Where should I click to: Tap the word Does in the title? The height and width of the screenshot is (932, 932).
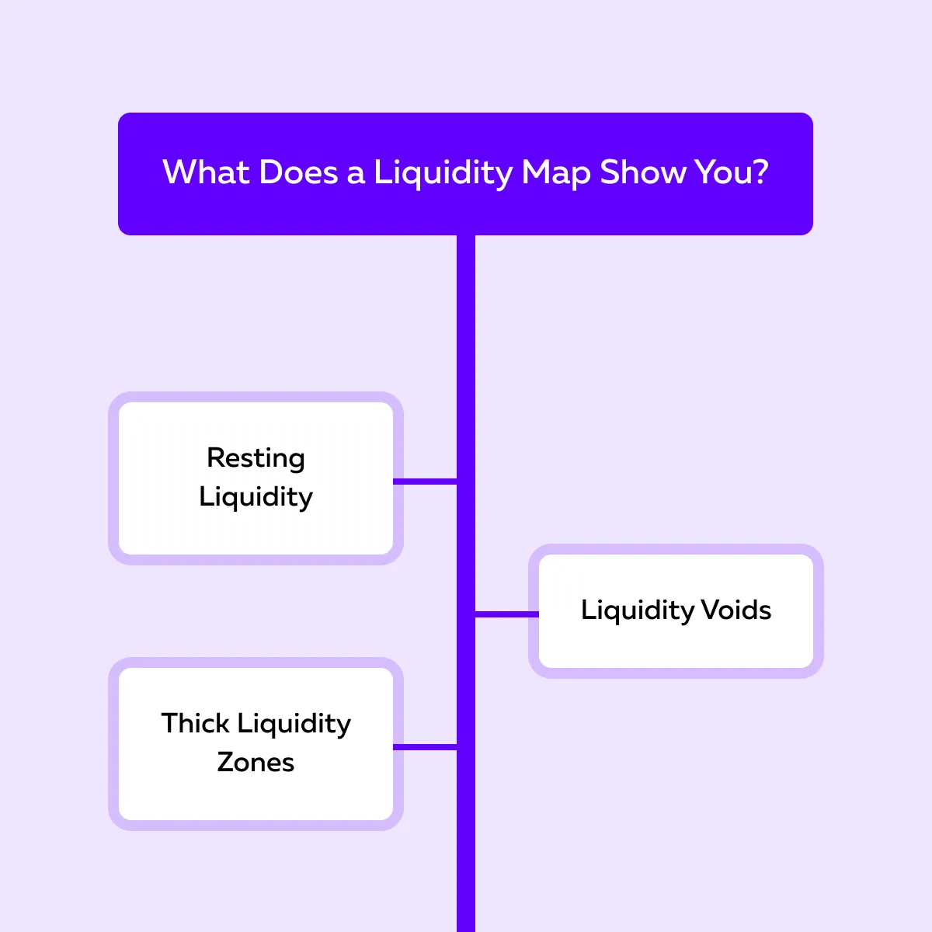coord(298,172)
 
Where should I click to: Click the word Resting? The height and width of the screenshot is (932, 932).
coord(256,458)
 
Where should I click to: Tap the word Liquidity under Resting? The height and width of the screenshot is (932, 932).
coord(256,497)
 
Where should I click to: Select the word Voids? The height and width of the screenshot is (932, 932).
coord(736,610)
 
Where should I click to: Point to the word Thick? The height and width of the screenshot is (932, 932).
coord(195,723)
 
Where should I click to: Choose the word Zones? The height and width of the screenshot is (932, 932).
coord(256,762)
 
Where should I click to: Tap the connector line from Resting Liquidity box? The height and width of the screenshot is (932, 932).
coord(425,482)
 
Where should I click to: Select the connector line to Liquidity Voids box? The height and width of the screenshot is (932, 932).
coord(506,614)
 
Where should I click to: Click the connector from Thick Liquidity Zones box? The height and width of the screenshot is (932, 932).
coord(425,747)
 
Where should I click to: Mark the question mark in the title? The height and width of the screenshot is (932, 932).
coord(760,172)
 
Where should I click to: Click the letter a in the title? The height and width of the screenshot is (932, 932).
coord(356,173)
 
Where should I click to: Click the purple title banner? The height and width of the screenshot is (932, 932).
coord(466,210)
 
